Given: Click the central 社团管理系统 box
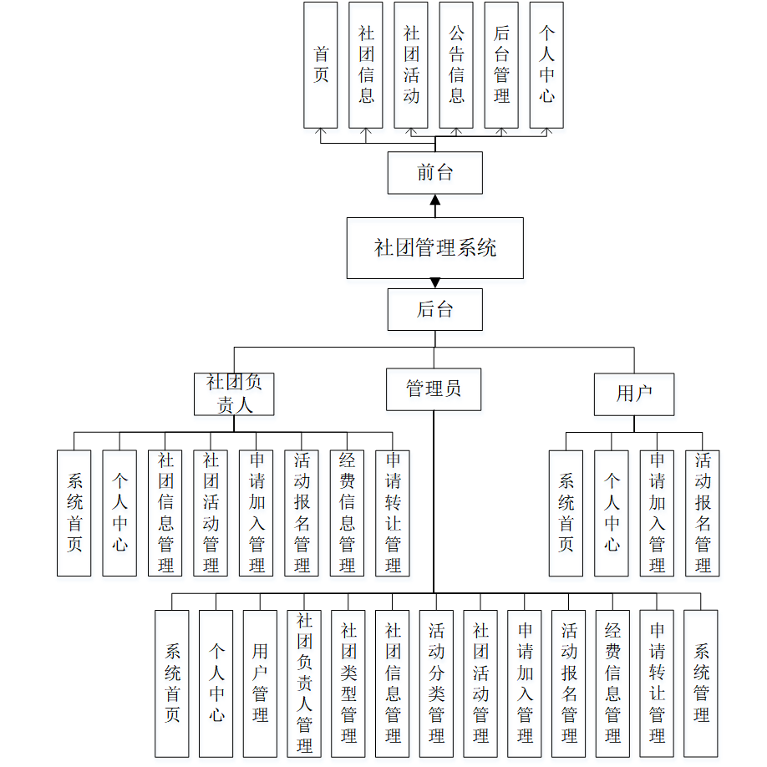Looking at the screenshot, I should (x=434, y=248).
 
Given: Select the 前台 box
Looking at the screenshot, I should (x=434, y=173).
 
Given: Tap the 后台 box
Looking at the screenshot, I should (x=434, y=309).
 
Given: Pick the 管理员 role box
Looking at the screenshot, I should (x=434, y=389).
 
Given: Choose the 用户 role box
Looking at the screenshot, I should (x=633, y=394).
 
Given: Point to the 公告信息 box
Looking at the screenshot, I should (x=456, y=65).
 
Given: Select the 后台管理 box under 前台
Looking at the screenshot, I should (x=501, y=65).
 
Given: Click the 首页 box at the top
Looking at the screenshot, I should (x=321, y=65).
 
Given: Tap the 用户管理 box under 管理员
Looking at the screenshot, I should (x=260, y=683).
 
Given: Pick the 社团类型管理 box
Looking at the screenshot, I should (x=348, y=683).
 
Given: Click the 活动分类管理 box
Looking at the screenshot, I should (x=436, y=683).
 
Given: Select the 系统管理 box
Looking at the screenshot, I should (x=701, y=683).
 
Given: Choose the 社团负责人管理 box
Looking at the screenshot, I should (x=304, y=683).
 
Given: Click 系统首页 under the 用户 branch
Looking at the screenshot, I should (x=566, y=513).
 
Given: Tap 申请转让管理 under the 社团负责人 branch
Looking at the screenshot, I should (x=393, y=513).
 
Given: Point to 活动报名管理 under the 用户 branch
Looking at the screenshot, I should (x=703, y=513).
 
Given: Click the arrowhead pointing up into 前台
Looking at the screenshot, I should (x=434, y=200).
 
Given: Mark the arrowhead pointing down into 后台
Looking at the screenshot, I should (x=434, y=283).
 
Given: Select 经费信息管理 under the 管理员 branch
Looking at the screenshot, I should (x=612, y=683).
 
